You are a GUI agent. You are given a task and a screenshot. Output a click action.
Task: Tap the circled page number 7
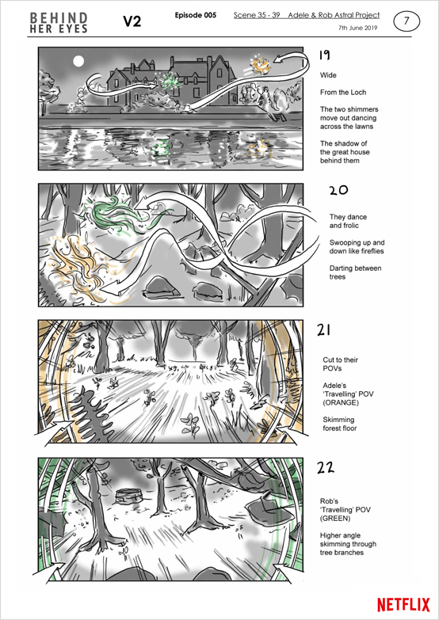(407, 21)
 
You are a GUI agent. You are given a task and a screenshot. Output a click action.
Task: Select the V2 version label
(132, 21)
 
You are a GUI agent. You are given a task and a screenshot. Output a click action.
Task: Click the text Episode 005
(196, 15)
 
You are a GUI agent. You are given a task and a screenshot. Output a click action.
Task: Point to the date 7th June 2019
(358, 28)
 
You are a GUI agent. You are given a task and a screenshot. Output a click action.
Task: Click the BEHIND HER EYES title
(59, 22)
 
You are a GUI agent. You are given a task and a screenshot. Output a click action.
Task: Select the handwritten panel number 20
(338, 191)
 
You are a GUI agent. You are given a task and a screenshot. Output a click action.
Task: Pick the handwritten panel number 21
(324, 330)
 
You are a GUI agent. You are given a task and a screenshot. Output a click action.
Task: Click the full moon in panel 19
(78, 61)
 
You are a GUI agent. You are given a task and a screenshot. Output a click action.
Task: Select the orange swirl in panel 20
(76, 265)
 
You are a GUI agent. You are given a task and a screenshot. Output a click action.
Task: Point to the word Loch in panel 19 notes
(359, 93)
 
